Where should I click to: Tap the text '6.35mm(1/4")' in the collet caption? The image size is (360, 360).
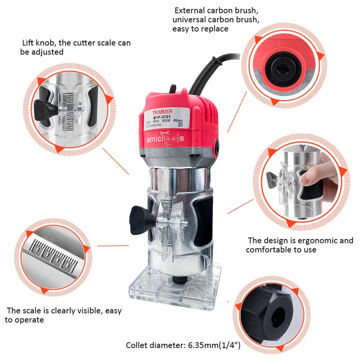[214, 345]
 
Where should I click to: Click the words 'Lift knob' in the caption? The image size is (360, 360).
[38, 43]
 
